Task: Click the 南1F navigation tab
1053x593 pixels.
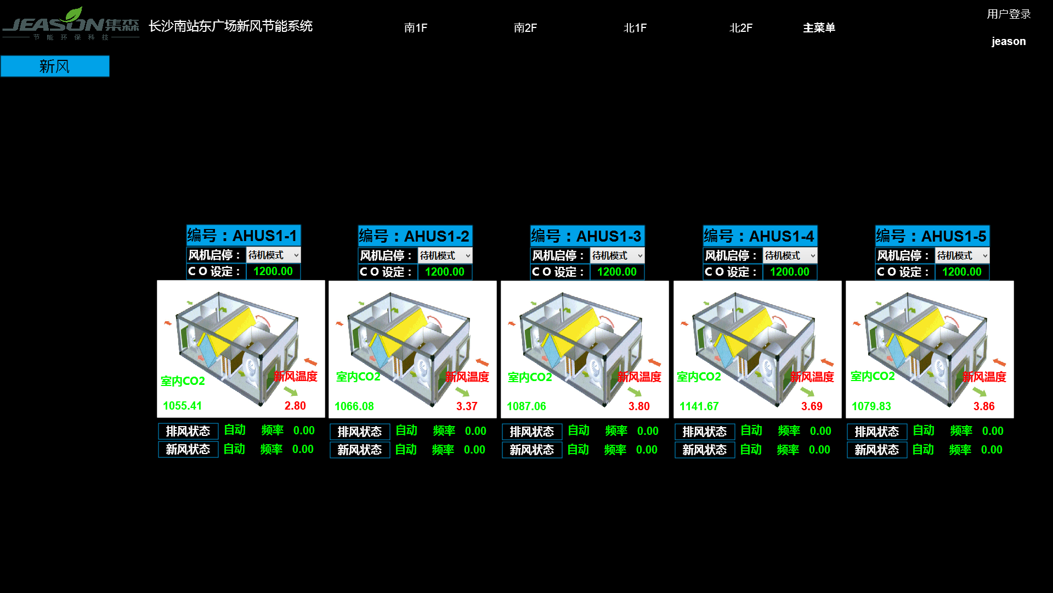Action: coord(416,28)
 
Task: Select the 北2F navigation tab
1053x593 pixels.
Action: coord(741,28)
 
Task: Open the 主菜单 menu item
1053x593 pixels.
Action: coord(819,28)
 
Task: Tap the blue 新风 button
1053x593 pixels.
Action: coord(55,66)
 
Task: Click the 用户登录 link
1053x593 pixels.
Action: coord(1009,14)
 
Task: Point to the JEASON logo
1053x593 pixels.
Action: coord(71,24)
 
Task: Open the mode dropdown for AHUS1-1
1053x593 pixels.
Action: coord(274,255)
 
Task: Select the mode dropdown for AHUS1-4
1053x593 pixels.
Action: coord(790,256)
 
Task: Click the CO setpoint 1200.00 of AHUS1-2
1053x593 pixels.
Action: coord(445,272)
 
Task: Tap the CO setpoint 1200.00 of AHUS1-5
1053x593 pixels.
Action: coord(962,272)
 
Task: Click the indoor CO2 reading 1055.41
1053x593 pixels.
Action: coord(183,406)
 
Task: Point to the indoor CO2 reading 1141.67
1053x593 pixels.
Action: coord(699,406)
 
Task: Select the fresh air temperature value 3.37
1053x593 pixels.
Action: coord(467,406)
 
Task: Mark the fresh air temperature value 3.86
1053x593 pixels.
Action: coord(984,406)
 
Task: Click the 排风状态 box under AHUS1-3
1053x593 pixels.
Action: coord(532,432)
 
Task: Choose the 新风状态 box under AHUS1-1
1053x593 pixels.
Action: coord(188,449)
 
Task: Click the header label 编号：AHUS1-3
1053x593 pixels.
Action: coord(587,236)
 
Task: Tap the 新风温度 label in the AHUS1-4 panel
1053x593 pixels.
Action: coord(812,377)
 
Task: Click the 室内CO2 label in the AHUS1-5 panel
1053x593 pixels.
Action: coord(873,376)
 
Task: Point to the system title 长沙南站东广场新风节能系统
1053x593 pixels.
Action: coord(230,26)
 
